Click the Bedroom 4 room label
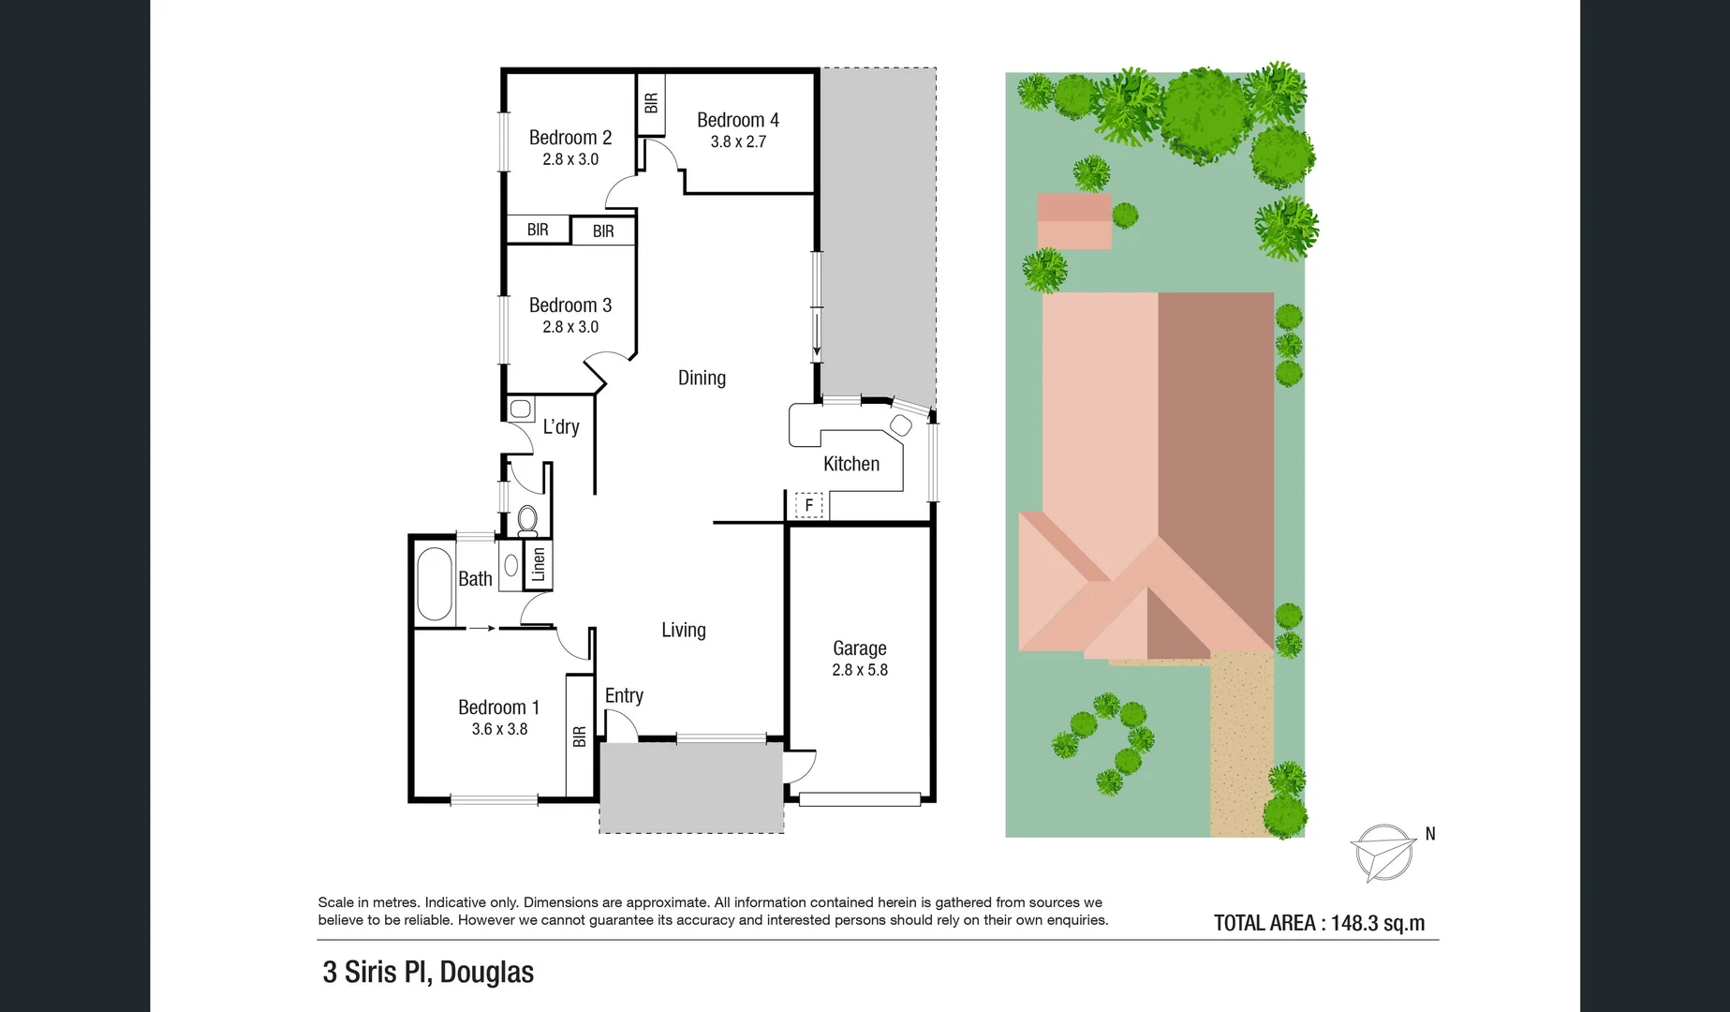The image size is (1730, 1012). [x=737, y=120]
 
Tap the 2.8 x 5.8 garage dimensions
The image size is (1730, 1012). [x=859, y=670]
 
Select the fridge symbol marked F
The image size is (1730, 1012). [x=808, y=505]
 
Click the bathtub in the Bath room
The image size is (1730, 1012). [x=434, y=585]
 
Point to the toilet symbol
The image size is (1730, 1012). [x=527, y=518]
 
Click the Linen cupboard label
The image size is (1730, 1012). [x=539, y=565]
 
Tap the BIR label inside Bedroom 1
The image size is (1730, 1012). [x=579, y=737]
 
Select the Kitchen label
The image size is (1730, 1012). [x=850, y=464]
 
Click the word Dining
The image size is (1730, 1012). [x=702, y=378]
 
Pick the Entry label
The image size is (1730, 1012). [x=624, y=695]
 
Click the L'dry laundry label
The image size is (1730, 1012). [x=561, y=427]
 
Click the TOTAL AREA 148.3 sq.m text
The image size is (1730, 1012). [x=1319, y=923]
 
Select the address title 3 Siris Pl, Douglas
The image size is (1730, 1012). [x=428, y=972]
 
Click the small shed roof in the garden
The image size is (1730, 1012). [x=1074, y=221]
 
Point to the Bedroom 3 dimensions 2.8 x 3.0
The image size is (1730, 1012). [x=569, y=327]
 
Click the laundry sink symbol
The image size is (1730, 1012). [x=521, y=409]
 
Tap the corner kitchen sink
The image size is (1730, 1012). [x=900, y=425]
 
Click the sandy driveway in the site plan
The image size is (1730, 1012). [x=1241, y=750]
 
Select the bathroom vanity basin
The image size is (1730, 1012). [x=511, y=565]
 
